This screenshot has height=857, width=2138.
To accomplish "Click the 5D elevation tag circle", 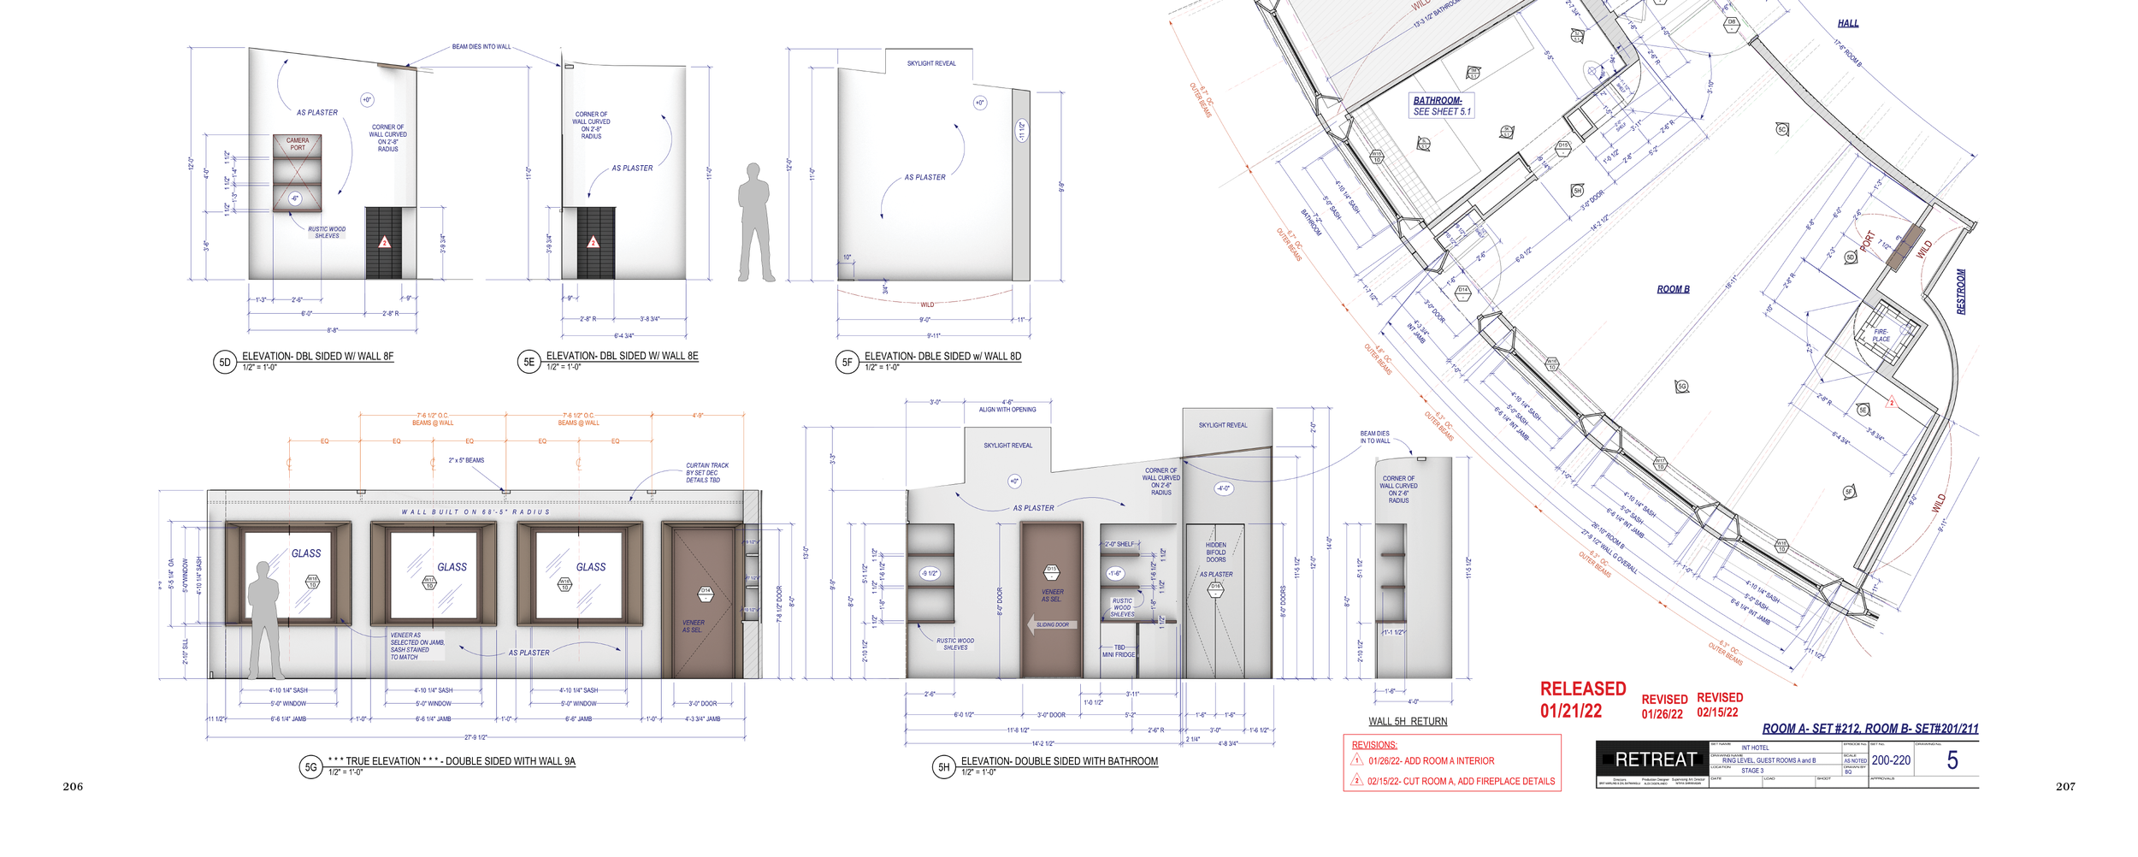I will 224,362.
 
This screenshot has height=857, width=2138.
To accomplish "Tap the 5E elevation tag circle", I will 529,362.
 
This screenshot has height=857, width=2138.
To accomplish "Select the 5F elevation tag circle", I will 847,362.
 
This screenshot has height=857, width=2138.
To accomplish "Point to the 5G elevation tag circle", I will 310,766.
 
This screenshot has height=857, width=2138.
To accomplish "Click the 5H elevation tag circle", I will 943,766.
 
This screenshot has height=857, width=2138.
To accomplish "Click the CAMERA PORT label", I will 298,144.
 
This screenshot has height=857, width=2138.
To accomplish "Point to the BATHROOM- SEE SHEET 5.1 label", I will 1442,106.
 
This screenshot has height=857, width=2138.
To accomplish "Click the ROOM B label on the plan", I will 1673,289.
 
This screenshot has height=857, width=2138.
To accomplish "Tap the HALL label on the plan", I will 1847,23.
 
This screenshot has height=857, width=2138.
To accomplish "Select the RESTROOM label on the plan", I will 1961,292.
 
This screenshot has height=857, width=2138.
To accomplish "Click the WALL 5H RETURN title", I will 1408,721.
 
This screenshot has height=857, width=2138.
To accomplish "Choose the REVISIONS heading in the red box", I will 1373,745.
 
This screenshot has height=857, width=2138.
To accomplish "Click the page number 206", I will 73,786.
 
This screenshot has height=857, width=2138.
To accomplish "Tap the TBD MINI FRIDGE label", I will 1119,651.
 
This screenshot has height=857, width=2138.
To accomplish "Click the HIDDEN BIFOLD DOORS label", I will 1215,552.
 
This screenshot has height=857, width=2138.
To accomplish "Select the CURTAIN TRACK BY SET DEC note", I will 706,472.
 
